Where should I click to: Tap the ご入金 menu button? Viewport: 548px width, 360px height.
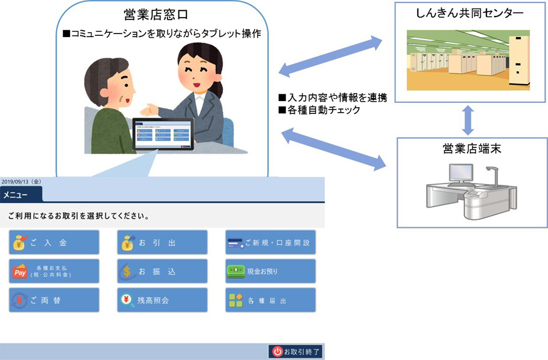coord(54,242)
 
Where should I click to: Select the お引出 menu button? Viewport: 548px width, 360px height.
coord(162,242)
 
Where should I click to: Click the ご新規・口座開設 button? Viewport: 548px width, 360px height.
coord(270,242)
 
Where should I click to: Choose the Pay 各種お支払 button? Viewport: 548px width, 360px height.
coord(54,271)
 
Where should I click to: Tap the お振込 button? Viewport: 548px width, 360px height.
coord(162,271)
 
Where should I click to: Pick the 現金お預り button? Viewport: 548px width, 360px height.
coord(270,271)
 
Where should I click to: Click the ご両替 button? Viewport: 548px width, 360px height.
coord(54,300)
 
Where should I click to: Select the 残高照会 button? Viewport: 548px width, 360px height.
coord(162,300)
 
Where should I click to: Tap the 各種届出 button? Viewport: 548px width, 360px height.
coord(270,300)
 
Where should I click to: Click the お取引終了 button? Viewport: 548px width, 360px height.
coord(296,351)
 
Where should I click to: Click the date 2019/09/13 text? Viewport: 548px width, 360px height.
coord(21,182)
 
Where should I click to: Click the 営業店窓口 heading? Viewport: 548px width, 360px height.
coord(163,15)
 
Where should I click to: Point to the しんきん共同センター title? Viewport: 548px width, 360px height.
coord(469,13)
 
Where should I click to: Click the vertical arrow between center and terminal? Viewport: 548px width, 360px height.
coord(468,120)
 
